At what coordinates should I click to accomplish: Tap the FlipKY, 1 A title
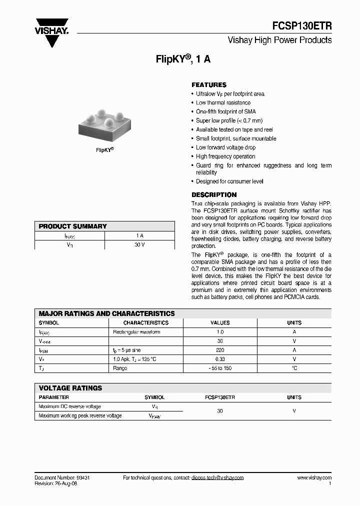183,59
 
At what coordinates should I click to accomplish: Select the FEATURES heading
209,85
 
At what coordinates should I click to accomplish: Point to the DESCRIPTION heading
214,195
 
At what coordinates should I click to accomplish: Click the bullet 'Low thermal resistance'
223,103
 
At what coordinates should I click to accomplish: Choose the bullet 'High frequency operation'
225,156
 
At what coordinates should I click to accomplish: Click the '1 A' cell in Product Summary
139,235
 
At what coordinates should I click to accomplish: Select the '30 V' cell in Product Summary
139,245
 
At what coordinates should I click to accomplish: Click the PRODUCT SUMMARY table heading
73,226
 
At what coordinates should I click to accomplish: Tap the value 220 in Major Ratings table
220,350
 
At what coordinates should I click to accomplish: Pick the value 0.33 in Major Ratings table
220,359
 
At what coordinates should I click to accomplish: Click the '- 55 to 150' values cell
220,368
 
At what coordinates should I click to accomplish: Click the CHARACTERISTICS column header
146,323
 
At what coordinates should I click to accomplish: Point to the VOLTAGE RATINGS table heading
70,388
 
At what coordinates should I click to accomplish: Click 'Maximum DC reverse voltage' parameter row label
70,406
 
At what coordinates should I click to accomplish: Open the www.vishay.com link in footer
314,478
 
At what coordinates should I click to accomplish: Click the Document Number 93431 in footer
62,478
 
